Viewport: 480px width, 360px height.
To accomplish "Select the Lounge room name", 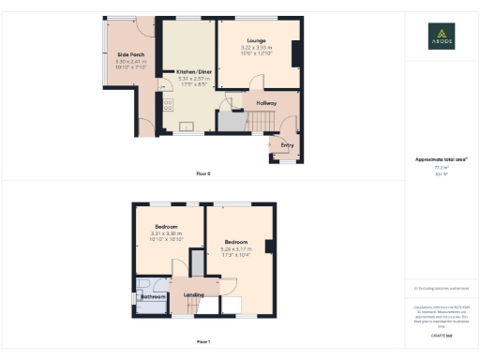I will [255, 40].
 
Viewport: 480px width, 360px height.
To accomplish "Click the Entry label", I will [285, 144].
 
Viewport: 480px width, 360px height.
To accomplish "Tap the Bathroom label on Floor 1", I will [153, 297].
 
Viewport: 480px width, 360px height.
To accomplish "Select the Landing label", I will [194, 294].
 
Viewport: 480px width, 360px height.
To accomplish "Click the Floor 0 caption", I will [203, 174].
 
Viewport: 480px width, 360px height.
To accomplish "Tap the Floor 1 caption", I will [203, 341].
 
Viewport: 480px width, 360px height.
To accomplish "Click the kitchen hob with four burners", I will [169, 105].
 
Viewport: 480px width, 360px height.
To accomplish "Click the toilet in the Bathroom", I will [142, 284].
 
